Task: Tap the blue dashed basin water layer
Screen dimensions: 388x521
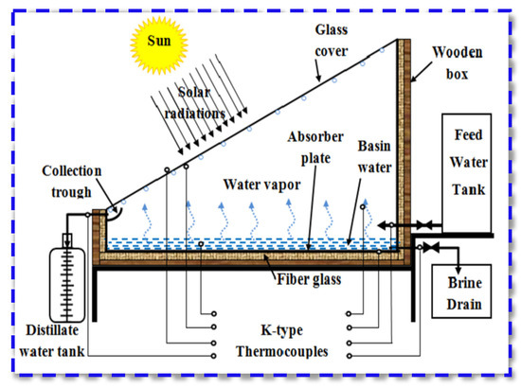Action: point(237,243)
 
